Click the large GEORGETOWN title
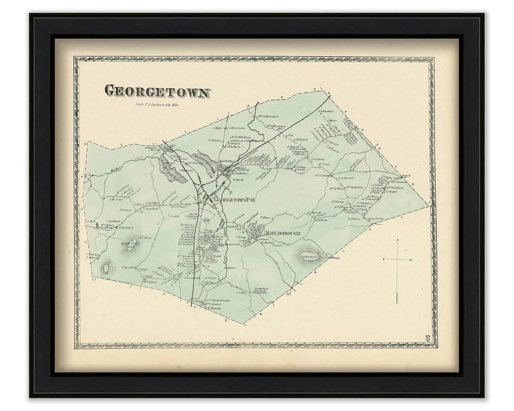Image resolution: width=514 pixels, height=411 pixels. click(157, 91)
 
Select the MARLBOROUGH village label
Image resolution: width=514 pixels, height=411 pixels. click(283, 233)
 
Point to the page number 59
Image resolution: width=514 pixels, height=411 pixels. click(427, 338)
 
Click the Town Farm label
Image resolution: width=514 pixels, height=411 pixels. click(376, 219)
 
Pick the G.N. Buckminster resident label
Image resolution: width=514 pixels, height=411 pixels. click(218, 300)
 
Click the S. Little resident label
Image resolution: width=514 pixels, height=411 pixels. click(173, 215)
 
